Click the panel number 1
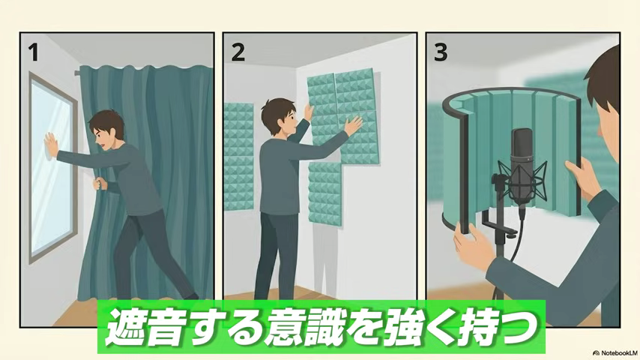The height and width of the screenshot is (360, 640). pyautogui.click(x=33, y=52)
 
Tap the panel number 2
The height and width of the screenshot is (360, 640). pyautogui.click(x=238, y=52)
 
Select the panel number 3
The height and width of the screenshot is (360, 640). pyautogui.click(x=441, y=52)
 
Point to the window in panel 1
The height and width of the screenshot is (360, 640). pyautogui.click(x=52, y=167)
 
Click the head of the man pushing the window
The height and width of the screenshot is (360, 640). pyautogui.click(x=107, y=130)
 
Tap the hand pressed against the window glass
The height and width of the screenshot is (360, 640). pyautogui.click(x=52, y=145)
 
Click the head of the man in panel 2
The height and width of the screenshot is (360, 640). pyautogui.click(x=280, y=115)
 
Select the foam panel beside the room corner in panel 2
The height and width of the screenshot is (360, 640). pyautogui.click(x=239, y=157)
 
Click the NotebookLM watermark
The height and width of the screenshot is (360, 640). pyautogui.click(x=615, y=352)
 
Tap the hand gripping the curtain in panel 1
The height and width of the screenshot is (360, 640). pyautogui.click(x=99, y=184)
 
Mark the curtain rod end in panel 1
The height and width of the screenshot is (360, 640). pyautogui.click(x=76, y=73)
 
